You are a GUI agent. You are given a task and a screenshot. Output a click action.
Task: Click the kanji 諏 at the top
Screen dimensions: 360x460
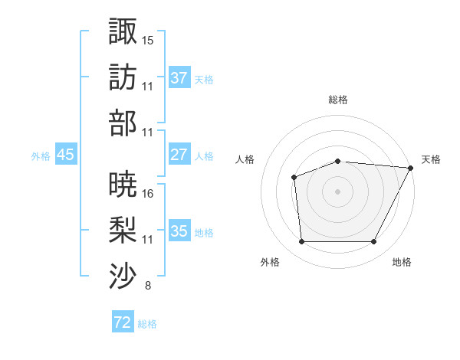point(123,31)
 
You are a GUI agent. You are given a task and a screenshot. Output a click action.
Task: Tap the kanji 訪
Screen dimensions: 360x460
point(123,77)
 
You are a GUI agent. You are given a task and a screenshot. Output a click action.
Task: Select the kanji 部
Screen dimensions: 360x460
point(123,123)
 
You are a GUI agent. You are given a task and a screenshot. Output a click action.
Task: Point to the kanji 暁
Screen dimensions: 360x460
point(123,184)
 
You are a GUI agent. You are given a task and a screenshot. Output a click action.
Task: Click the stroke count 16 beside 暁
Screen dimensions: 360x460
point(148,193)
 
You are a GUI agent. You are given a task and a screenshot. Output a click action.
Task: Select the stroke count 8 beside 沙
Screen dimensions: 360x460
point(147,286)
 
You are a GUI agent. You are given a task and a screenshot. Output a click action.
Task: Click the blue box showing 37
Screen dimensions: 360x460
point(179,78)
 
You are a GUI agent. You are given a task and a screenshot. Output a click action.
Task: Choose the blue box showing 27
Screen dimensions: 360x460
point(179,155)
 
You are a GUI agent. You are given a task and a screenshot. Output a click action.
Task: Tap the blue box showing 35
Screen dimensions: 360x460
point(179,231)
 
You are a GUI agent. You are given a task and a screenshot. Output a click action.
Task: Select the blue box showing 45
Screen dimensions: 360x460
point(66,155)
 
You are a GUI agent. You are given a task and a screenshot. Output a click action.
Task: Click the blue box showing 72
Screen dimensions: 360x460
point(123,323)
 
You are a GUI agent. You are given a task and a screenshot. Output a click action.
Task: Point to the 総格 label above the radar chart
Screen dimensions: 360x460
point(338,100)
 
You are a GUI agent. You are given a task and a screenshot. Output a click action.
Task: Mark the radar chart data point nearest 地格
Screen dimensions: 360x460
point(373,242)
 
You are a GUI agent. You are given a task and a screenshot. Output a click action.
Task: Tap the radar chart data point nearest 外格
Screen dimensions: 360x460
point(301,242)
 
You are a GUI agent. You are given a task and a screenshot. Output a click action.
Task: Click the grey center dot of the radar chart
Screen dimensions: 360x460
point(338,191)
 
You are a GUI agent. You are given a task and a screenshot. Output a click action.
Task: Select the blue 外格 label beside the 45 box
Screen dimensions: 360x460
point(41,155)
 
